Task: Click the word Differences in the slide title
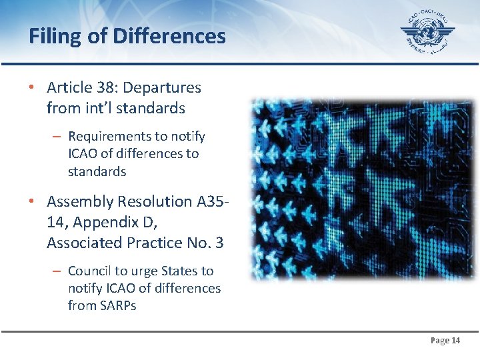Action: coord(169,36)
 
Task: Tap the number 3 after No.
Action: coord(219,243)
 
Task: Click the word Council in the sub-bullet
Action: coord(89,271)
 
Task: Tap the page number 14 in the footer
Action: coord(456,341)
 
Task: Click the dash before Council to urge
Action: coord(57,271)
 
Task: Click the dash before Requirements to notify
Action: coord(57,136)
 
